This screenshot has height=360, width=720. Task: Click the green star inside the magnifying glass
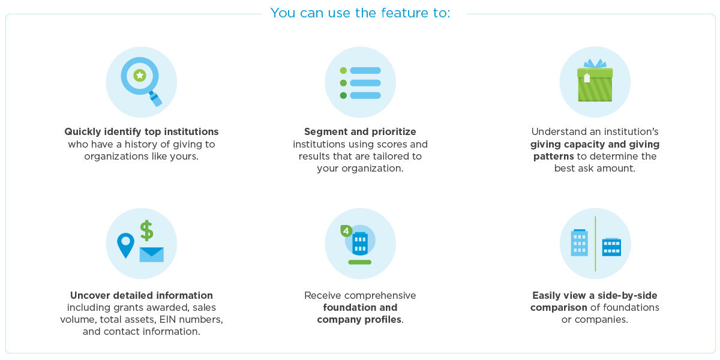click(140, 76)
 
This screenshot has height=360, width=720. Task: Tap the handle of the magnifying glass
click(155, 98)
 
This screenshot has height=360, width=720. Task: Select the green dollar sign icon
click(147, 230)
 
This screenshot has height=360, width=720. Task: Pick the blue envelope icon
click(152, 254)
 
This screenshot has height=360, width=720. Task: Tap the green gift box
click(595, 85)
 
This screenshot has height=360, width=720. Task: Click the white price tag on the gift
click(587, 78)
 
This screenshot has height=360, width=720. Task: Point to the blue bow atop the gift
click(595, 64)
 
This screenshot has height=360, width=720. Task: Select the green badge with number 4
click(346, 231)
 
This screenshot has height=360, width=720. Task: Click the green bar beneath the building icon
click(360, 262)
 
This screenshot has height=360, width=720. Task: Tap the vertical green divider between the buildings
click(595, 244)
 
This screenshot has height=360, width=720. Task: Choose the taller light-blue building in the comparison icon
click(580, 242)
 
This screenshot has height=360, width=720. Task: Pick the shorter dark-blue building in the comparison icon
click(611, 247)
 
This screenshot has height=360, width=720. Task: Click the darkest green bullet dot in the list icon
click(343, 95)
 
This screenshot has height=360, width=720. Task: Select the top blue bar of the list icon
click(365, 70)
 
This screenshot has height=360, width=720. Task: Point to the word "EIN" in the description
click(167, 319)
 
